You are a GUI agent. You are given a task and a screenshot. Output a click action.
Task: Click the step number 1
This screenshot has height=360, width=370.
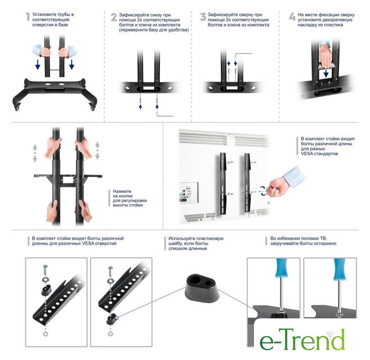point(28,16)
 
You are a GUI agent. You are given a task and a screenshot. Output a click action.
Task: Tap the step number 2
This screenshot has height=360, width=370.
point(114,17)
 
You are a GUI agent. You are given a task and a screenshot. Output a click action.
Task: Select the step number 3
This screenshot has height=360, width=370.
point(203,17)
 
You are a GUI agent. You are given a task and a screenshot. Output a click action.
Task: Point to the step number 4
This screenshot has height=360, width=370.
point(292,17)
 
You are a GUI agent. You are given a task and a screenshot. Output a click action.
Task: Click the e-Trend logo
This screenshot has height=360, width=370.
point(302,340)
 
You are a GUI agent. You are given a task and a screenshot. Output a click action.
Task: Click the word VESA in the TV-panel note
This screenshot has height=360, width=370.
point(307,154)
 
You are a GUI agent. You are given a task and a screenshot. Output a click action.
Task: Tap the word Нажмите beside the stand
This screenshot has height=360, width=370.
point(122,191)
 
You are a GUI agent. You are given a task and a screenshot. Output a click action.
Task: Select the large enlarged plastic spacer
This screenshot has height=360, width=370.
point(202,288)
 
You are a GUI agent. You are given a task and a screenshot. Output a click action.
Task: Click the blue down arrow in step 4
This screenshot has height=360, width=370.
point(326,73)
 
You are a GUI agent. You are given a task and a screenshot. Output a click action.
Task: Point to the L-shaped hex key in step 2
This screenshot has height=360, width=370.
point(164,114)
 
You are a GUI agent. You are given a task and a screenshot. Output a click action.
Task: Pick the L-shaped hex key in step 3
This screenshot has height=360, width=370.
point(243,56)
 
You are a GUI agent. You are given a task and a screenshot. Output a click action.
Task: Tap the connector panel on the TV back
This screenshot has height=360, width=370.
point(189,192)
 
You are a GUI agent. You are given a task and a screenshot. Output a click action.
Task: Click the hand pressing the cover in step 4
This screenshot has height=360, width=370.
point(326,56)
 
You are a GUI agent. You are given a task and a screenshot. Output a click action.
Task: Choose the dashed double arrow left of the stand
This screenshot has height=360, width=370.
point(35,153)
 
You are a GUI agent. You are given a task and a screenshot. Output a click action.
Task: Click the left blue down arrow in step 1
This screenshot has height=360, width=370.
point(38,64)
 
